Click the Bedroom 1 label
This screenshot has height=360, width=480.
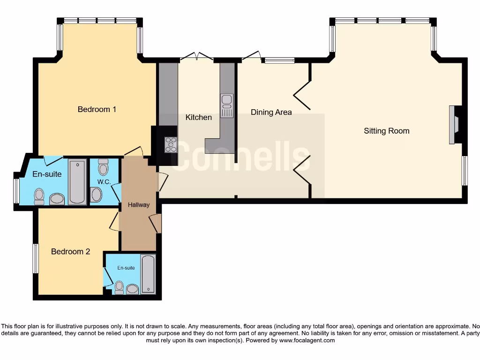[97, 109]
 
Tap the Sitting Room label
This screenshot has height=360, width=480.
[386, 131]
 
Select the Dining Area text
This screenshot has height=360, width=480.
[271, 112]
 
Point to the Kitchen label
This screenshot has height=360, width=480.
[198, 117]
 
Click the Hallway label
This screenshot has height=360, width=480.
[139, 205]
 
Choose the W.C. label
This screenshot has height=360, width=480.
[103, 181]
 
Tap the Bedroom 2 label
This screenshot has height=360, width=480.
[70, 251]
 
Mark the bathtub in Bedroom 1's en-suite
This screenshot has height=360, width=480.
[77, 182]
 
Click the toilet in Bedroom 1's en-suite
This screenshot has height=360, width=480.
[39, 196]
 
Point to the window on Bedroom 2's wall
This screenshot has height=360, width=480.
[35, 258]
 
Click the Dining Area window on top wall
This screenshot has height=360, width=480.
[278, 60]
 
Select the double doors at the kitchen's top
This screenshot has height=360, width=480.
[197, 57]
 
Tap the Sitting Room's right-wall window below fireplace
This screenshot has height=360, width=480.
[465, 170]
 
